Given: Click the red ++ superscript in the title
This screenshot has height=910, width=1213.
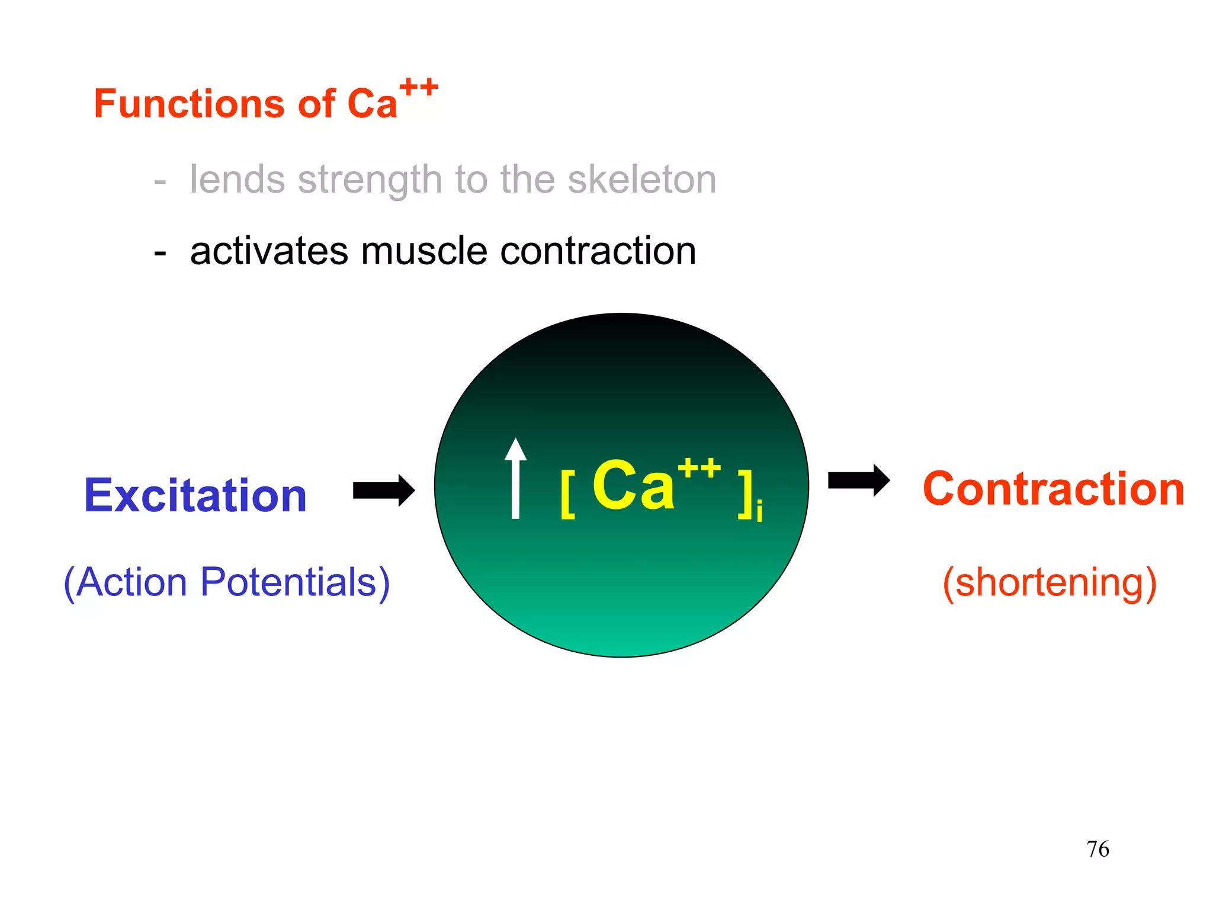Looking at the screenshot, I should pos(419,88).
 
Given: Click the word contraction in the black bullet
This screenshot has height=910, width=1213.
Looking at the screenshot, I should pos(598,251).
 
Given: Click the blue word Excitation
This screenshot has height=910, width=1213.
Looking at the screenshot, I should pos(195,495).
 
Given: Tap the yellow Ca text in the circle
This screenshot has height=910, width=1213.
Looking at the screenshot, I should pos(633,486).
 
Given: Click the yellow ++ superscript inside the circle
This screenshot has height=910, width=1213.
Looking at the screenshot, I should pos(699,468).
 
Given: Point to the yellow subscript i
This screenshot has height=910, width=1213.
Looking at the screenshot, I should pos(759,511).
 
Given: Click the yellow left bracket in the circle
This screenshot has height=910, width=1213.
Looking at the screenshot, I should pos(567,495).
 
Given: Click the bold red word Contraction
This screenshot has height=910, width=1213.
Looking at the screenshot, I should pos(1053,489).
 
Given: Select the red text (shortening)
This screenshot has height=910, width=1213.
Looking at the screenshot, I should pos(1050,583).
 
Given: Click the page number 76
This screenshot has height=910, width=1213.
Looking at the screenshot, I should pos(1098,849).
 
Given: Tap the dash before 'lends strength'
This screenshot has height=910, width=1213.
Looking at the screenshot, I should pos(160,181).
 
